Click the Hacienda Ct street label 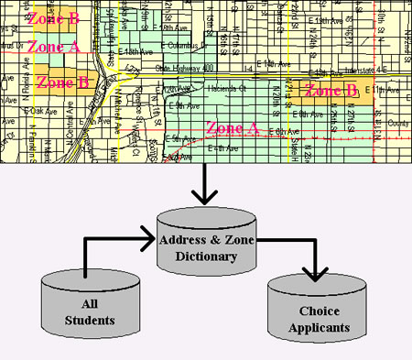219,90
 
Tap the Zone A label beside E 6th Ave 233,127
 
